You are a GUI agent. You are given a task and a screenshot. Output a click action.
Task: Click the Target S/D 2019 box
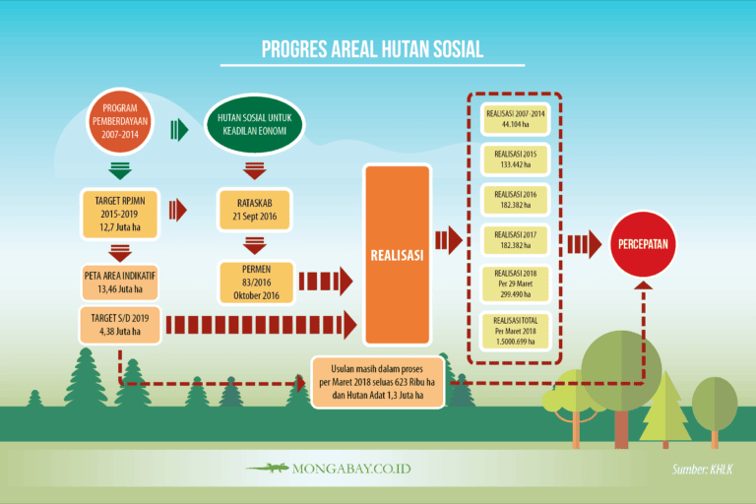coord(119,323)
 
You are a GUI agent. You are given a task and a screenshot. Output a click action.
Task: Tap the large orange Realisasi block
coord(397,255)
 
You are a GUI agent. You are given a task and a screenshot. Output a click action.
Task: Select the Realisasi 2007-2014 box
coord(513,119)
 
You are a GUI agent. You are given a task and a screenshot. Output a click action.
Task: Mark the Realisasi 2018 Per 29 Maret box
coord(513,285)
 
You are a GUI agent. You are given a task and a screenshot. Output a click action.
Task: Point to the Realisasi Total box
coord(513,332)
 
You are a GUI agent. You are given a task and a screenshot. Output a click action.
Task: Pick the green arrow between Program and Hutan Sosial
coord(179,129)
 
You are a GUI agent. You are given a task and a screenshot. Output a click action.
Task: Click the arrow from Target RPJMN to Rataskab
coord(178,209)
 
